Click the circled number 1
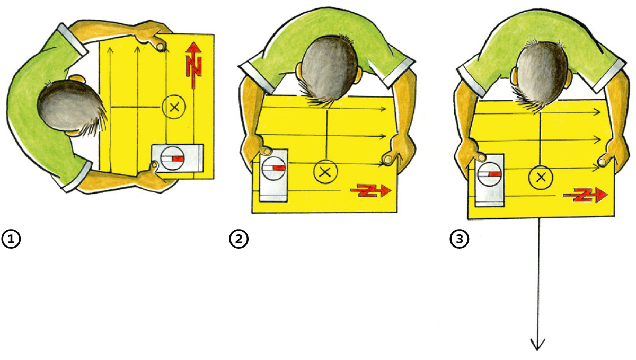(11, 239)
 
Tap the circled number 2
(238, 239)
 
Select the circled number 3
(460, 239)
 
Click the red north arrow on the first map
(193, 65)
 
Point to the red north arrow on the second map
(371, 190)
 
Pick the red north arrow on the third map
(586, 195)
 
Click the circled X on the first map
(174, 107)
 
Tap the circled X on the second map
(325, 172)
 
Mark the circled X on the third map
(541, 178)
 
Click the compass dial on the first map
(172, 159)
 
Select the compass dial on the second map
(273, 169)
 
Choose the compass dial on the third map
(489, 174)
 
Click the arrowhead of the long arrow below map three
(538, 345)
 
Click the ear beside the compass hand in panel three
(514, 77)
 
